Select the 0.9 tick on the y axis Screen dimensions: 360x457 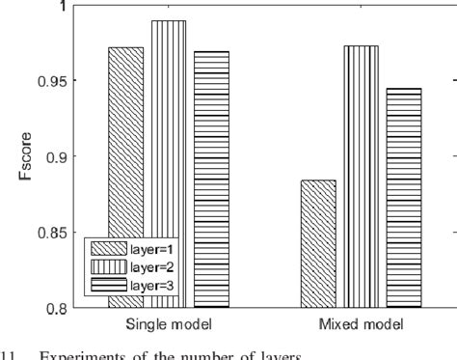(x=57, y=156)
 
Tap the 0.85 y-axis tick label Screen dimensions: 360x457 (x=53, y=233)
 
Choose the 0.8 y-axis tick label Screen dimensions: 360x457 (x=57, y=308)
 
